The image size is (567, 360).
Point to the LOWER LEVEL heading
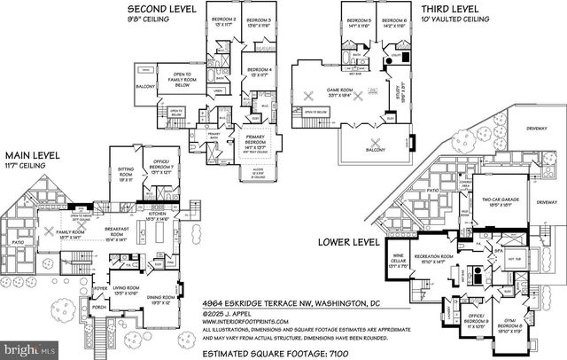click(346, 239)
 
